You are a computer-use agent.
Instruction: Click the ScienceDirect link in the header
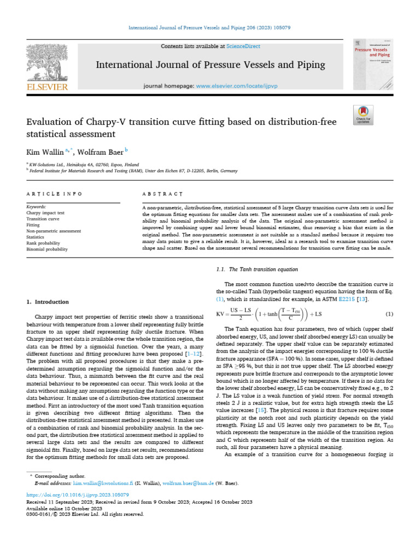(x=245, y=46)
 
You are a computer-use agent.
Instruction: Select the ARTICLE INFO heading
(x=55, y=194)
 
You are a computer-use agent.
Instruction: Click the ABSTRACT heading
(x=161, y=194)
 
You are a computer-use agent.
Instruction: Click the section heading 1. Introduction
(x=48, y=302)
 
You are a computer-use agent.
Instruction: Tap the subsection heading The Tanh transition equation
(x=258, y=269)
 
